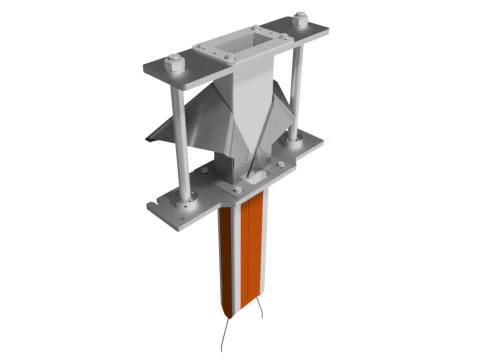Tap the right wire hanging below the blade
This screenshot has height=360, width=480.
pos(258,324)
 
